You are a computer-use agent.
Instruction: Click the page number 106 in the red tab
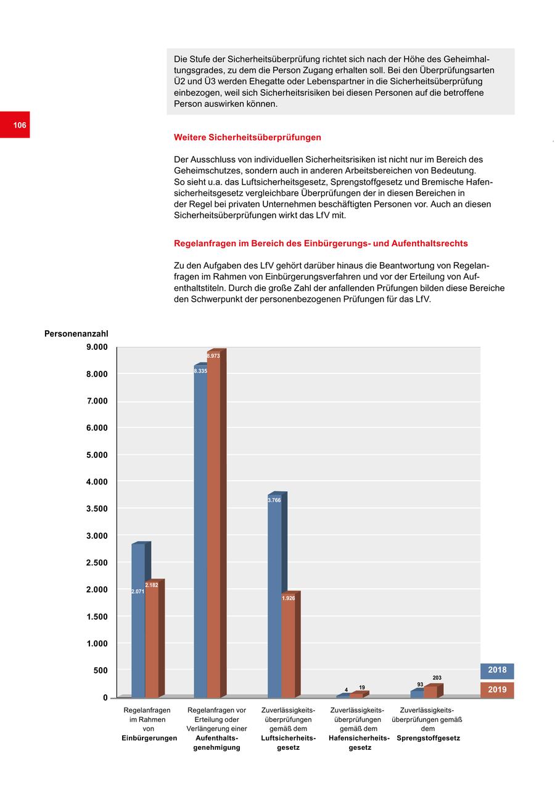pos(20,125)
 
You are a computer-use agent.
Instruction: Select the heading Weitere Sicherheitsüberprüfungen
pos(247,137)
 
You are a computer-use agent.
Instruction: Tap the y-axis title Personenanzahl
pos(76,334)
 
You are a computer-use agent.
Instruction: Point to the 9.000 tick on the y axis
pos(97,347)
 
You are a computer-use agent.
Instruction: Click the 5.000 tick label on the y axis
pos(97,455)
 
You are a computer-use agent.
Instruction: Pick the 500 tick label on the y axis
pos(101,670)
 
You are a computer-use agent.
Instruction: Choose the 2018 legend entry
pos(497,670)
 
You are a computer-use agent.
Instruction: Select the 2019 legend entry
pos(497,690)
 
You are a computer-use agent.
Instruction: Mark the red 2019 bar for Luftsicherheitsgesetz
pos(288,648)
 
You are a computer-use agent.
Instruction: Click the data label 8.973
pos(213,356)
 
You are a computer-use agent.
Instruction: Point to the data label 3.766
pos(274,500)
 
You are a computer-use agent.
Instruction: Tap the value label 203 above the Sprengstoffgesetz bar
pos(437,678)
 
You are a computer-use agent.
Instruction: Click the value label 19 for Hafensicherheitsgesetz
pos(362,687)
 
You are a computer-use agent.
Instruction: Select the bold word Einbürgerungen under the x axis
pos(149,738)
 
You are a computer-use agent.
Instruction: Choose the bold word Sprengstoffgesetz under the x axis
pos(428,738)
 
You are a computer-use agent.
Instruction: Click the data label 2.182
pos(152,585)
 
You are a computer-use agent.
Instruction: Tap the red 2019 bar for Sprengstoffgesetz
pos(430,692)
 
